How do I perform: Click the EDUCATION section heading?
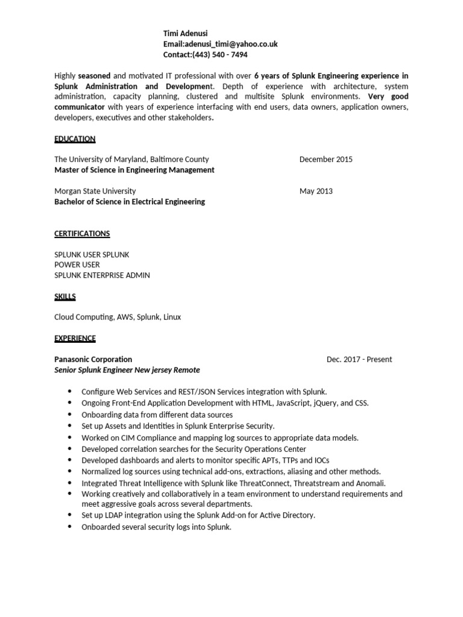(75, 139)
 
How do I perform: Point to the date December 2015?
(326, 160)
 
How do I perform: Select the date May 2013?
(315, 191)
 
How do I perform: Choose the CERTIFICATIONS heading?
(82, 233)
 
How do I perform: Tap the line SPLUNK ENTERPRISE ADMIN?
(102, 275)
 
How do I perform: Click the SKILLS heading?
(65, 296)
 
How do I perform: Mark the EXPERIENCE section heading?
(75, 338)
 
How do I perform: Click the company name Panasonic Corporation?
(93, 359)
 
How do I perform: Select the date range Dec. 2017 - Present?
(359, 359)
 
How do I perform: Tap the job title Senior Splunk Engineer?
(98, 370)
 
